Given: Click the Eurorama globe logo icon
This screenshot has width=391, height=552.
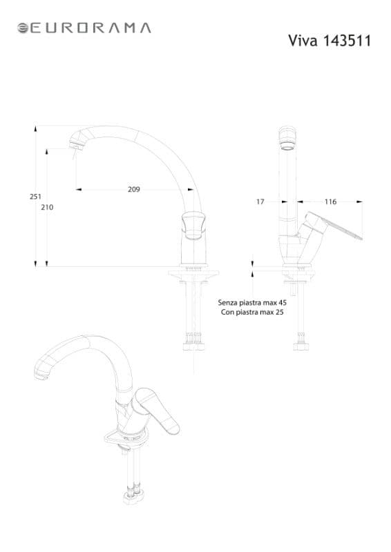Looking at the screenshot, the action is (x=23, y=28).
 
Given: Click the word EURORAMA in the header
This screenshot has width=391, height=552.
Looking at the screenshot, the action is (x=90, y=28).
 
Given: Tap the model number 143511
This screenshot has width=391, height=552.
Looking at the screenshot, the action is (x=347, y=41).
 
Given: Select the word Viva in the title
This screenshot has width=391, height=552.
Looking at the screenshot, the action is (x=303, y=41).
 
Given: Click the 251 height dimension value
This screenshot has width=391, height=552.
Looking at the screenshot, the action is (x=35, y=197).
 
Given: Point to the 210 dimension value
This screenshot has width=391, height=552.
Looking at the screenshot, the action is (x=47, y=208).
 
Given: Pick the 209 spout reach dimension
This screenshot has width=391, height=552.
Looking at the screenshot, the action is (x=133, y=189).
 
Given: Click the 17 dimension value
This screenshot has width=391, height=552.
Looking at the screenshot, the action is (x=260, y=201).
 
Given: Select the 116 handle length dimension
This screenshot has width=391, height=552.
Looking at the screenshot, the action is (x=330, y=201).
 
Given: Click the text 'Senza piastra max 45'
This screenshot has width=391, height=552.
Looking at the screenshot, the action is (x=252, y=302).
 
